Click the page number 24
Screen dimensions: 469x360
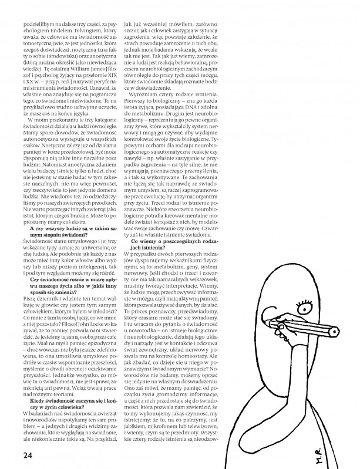pyautogui.click(x=28, y=454)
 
